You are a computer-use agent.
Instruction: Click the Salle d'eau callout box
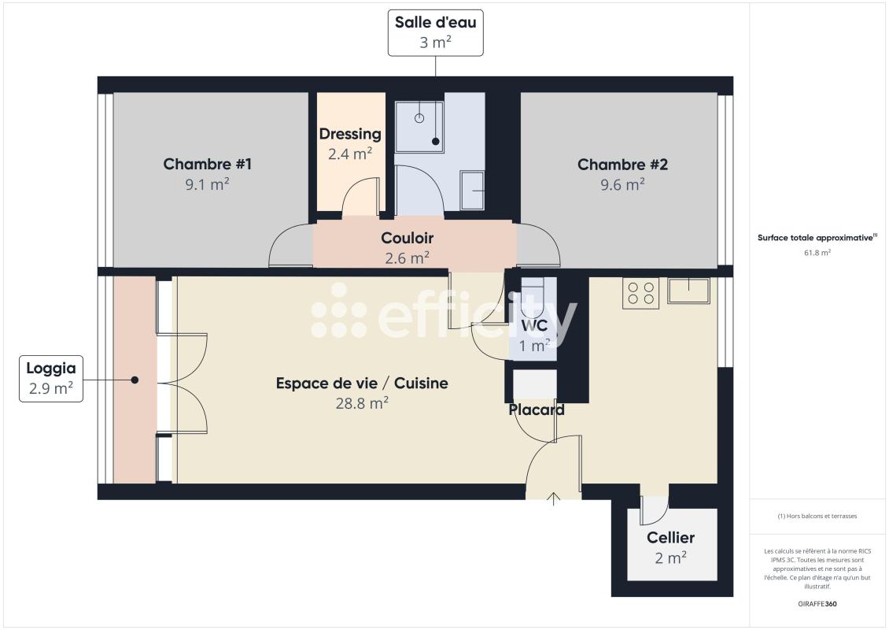435,32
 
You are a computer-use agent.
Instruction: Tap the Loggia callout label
51,378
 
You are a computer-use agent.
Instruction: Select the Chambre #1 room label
207,165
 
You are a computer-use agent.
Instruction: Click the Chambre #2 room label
622,165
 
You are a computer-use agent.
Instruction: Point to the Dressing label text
350,134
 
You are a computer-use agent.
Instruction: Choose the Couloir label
407,238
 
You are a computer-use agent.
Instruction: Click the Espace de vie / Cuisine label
362,384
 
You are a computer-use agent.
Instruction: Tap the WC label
534,326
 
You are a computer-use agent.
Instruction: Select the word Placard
537,409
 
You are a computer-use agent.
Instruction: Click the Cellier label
670,538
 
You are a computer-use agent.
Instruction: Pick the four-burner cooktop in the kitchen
640,294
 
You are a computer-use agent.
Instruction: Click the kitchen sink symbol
688,291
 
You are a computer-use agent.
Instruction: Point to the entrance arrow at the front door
554,498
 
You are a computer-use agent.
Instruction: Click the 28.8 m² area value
362,402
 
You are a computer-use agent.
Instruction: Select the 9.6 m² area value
622,183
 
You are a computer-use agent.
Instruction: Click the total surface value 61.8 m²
817,253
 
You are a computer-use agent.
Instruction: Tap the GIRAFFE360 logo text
817,604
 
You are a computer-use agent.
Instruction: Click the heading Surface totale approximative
817,237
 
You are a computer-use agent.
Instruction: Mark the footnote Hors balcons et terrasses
817,516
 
